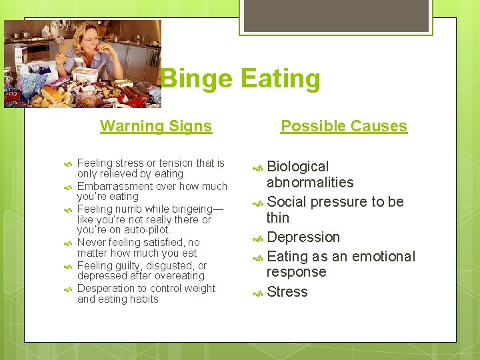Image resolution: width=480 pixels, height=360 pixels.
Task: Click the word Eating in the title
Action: pyautogui.click(x=279, y=79)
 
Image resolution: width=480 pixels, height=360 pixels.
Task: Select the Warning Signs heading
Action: pyautogui.click(x=156, y=126)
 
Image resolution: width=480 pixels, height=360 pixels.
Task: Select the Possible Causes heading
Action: pyautogui.click(x=343, y=126)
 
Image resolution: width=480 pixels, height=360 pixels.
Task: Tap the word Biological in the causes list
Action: pyautogui.click(x=298, y=167)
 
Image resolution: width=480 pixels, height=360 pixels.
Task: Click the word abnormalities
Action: pyautogui.click(x=309, y=183)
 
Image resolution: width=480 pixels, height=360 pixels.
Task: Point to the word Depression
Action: pyautogui.click(x=303, y=237)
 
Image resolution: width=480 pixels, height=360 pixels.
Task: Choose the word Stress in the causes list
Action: pyautogui.click(x=287, y=292)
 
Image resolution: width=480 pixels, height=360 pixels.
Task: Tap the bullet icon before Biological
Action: pyautogui.click(x=258, y=168)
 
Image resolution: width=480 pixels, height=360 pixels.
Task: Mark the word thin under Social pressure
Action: pyautogui.click(x=277, y=218)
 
